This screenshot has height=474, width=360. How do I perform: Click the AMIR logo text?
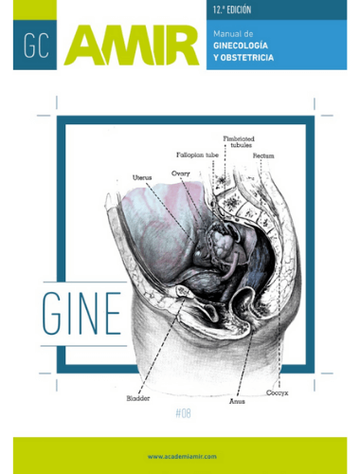tap(132, 46)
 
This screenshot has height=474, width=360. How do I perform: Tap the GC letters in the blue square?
tap(36, 46)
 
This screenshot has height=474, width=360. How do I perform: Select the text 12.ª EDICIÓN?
tap(232, 9)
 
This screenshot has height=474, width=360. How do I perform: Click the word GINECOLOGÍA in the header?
tap(241, 46)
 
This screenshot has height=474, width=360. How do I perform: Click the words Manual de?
tap(233, 34)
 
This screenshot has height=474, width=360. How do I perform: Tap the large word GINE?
tap(81, 314)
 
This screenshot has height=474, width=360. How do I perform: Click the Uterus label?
tap(142, 177)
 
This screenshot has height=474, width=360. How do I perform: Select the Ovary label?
tap(181, 173)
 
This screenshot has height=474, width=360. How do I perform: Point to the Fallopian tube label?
tap(197, 155)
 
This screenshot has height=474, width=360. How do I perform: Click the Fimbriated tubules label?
tap(239, 142)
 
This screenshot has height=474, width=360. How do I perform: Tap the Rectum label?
tap(263, 155)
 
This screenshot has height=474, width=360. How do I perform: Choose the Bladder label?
tap(138, 398)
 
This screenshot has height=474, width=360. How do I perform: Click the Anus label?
tap(237, 402)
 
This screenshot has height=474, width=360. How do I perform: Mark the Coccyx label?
tap(278, 392)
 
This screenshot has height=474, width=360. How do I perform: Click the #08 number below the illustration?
tap(183, 413)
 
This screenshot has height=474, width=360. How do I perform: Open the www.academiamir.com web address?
tap(182, 456)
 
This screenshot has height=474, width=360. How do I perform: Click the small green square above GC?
tap(35, 9)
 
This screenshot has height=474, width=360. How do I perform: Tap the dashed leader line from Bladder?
tap(161, 344)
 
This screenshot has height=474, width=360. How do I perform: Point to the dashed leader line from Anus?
tap(245, 363)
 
